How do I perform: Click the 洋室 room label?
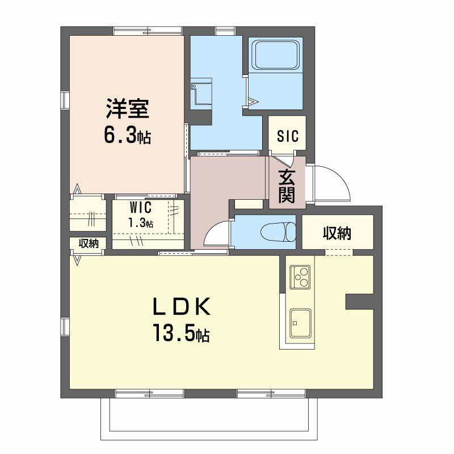(127, 109)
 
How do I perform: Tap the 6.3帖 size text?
(127, 135)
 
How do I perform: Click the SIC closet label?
(287, 136)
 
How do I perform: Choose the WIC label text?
(140, 207)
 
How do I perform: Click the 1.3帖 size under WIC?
(140, 222)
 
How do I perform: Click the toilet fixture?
(278, 232)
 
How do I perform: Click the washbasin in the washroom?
(201, 92)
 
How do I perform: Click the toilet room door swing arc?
(216, 234)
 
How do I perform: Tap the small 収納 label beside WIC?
(89, 243)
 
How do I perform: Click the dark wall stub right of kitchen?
(359, 302)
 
